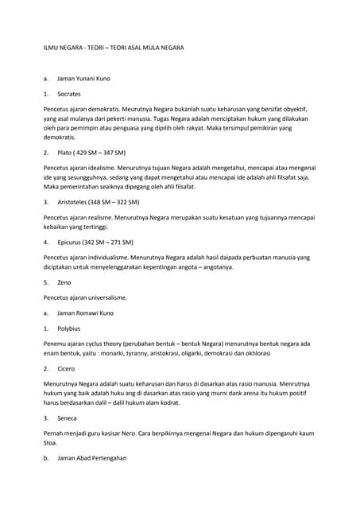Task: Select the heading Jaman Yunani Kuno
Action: coord(83,80)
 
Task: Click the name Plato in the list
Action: coord(65,152)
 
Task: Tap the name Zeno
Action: coord(65,282)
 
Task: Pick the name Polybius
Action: coord(69,328)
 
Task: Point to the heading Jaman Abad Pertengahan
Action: coord(91,458)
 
